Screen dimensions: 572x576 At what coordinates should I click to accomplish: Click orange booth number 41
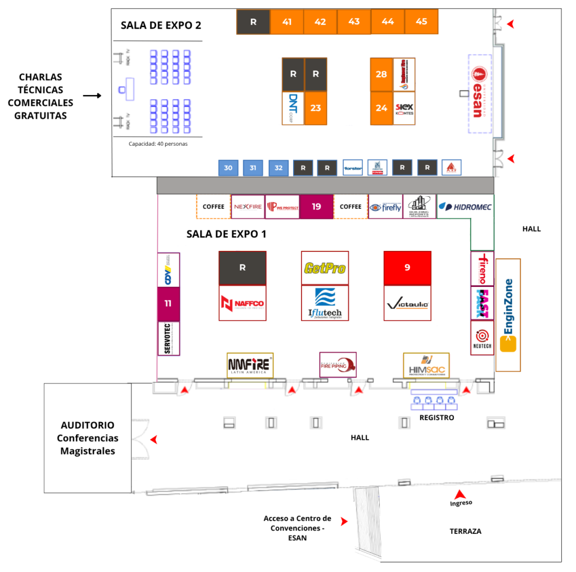287,22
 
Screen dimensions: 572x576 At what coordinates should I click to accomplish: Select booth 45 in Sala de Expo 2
421,22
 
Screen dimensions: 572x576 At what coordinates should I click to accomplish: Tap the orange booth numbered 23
316,108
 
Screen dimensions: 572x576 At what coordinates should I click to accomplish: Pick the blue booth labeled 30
228,168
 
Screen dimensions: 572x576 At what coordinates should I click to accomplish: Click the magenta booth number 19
316,207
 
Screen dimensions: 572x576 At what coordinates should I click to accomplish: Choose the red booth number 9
407,268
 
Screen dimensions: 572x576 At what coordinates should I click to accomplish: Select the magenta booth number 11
168,303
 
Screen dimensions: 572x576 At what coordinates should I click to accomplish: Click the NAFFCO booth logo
242,304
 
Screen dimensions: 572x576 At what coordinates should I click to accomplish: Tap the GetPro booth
325,268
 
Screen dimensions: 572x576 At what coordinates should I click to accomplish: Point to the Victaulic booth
407,304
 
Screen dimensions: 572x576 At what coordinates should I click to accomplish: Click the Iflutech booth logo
325,304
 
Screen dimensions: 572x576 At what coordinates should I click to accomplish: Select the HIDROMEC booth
465,207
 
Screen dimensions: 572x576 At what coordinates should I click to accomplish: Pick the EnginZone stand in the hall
508,314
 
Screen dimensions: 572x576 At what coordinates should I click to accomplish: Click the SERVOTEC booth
168,339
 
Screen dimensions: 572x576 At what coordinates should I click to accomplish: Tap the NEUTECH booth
482,338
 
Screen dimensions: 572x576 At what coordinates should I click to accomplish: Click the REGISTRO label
436,418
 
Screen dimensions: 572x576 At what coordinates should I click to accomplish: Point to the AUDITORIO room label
87,438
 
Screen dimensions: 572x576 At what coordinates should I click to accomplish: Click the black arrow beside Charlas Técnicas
92,96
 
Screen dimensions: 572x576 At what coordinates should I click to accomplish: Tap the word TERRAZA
465,531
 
